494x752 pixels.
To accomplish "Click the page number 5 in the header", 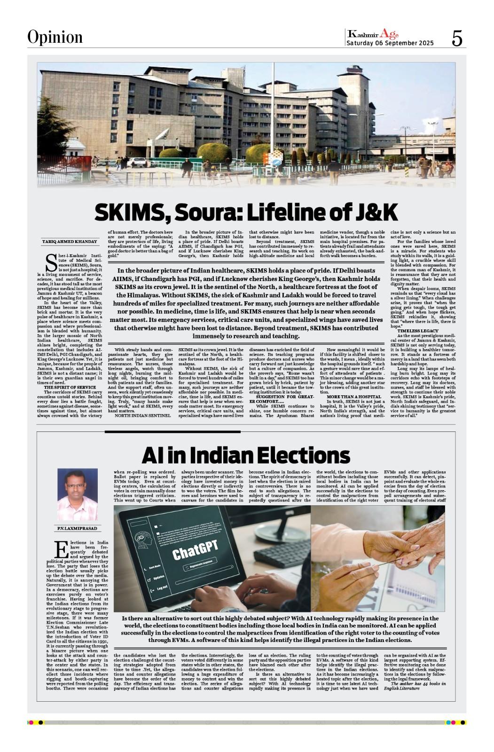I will (x=457, y=38).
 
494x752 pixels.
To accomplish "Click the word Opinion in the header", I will (x=55, y=37).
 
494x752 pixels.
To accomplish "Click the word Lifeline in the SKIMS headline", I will (x=295, y=212).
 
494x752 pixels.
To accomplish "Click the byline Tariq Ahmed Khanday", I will (x=70, y=242).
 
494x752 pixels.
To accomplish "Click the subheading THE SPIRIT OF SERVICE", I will (x=70, y=387).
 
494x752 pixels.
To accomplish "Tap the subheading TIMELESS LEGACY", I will (x=418, y=331).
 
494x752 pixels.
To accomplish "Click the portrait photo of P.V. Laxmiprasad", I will (x=78, y=494).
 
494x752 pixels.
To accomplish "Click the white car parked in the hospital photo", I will (x=138, y=162).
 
